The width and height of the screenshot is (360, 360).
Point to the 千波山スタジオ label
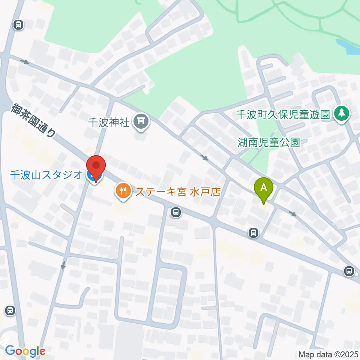click(x=46, y=175)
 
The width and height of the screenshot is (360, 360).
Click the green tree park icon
click(x=341, y=114)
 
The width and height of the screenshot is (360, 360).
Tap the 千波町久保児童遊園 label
click(x=283, y=114)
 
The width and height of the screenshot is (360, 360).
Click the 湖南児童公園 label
click(x=269, y=142)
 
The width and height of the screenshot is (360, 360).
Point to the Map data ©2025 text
click(x=328, y=354)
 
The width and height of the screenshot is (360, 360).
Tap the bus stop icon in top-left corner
click(x=18, y=25)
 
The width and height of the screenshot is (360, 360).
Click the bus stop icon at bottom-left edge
click(x=10, y=310)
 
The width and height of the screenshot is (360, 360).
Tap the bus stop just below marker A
click(x=254, y=233)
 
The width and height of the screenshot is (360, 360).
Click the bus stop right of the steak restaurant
click(x=175, y=213)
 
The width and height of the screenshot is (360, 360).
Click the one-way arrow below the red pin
click(x=63, y=265)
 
